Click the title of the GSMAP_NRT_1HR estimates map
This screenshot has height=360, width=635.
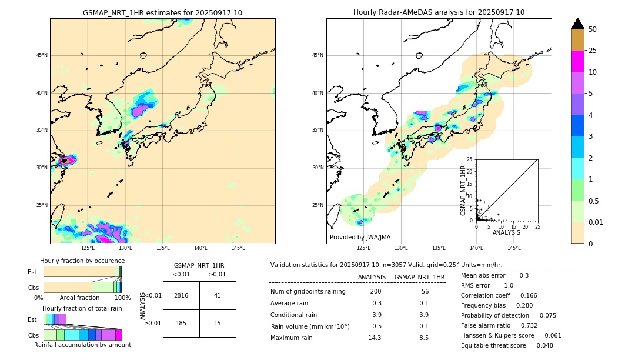point(162,12)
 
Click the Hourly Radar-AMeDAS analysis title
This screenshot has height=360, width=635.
point(439,12)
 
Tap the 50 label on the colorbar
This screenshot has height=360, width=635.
point(593,29)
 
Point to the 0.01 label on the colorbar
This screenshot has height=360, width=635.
point(596,222)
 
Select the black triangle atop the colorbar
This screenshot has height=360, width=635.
point(578,24)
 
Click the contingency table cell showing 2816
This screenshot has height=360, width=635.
point(181,295)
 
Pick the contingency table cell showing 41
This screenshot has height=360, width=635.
point(217,295)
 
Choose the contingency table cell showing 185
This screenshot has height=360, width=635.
point(181,324)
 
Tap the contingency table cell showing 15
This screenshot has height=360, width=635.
point(217,324)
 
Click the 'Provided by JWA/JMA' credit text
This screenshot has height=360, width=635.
point(360,238)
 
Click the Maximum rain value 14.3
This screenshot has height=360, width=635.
point(375,338)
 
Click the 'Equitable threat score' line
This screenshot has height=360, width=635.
point(497,345)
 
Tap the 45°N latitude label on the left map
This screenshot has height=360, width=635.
point(42,55)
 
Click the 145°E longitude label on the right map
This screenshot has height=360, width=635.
point(514,248)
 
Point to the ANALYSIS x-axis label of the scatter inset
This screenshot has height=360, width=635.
point(506,232)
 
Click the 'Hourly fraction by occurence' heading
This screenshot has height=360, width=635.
point(82,261)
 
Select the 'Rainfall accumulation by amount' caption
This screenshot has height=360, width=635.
point(82,345)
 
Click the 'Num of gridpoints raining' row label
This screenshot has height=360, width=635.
point(308,292)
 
